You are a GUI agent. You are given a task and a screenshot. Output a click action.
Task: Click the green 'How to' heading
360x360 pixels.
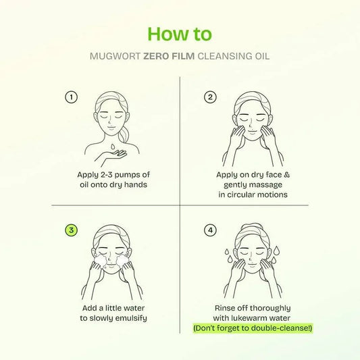179,33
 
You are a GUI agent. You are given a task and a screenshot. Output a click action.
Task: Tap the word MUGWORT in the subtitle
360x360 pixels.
114,57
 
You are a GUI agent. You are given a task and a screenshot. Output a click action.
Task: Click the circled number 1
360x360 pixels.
70,97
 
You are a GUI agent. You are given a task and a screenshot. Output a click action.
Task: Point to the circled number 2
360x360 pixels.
210,97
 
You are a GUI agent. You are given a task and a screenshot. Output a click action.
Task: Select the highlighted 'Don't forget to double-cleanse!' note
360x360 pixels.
254,328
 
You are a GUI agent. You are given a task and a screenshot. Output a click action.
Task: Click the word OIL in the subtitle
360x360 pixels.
261,57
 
